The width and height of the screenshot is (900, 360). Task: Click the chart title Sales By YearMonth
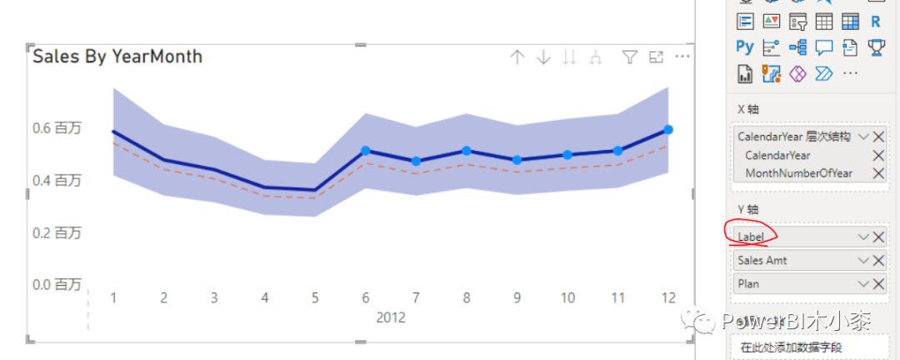[117, 57]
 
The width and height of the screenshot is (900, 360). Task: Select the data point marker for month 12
[668, 130]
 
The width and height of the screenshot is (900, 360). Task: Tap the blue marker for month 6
[366, 151]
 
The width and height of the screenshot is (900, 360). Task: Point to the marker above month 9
[517, 160]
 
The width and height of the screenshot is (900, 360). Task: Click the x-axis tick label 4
[265, 298]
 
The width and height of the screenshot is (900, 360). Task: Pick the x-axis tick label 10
[567, 298]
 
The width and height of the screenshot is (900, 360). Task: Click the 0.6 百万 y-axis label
[57, 128]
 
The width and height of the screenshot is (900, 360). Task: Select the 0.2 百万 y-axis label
[57, 232]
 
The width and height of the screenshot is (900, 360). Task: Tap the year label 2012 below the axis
[390, 317]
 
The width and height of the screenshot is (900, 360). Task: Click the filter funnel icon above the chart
[630, 57]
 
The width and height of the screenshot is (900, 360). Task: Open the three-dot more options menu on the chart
[682, 57]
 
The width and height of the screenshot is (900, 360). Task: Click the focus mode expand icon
[656, 57]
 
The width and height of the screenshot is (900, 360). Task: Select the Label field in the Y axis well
[751, 237]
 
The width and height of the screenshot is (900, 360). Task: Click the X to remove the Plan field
[878, 283]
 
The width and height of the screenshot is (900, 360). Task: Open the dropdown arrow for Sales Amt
[863, 261]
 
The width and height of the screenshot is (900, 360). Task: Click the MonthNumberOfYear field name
[799, 172]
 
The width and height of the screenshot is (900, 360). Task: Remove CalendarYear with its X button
[878, 155]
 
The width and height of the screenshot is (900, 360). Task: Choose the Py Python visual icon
[745, 47]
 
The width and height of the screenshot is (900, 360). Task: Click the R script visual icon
[875, 22]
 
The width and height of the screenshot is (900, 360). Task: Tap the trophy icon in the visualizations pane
[876, 47]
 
